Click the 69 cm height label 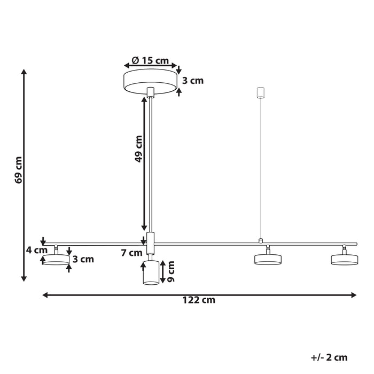pyautogui.click(x=18, y=170)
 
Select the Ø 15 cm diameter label pyautogui.click(x=151, y=60)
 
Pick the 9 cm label pyautogui.click(x=171, y=272)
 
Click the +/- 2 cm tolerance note pyautogui.click(x=329, y=357)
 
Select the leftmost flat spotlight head pyautogui.click(x=56, y=259)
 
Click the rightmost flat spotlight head pyautogui.click(x=344, y=259)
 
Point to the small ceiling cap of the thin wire pyautogui.click(x=261, y=92)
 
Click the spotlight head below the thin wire pyautogui.click(x=268, y=259)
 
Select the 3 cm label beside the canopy pyautogui.click(x=193, y=81)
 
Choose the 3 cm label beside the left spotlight pyautogui.click(x=83, y=260)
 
